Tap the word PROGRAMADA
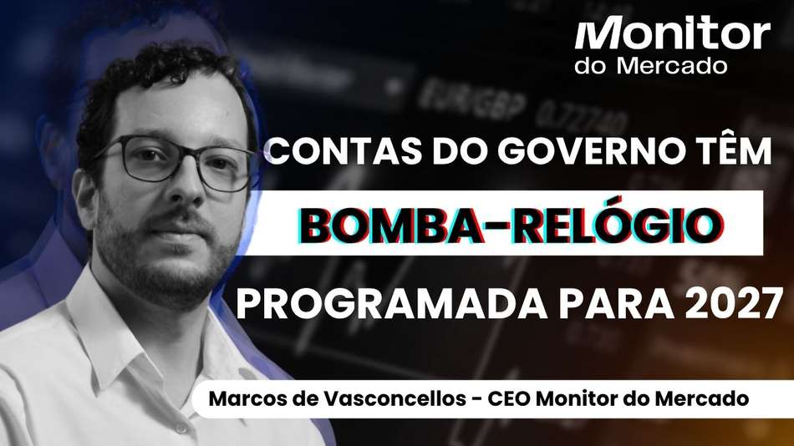(391, 304)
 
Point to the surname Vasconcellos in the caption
(395, 399)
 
